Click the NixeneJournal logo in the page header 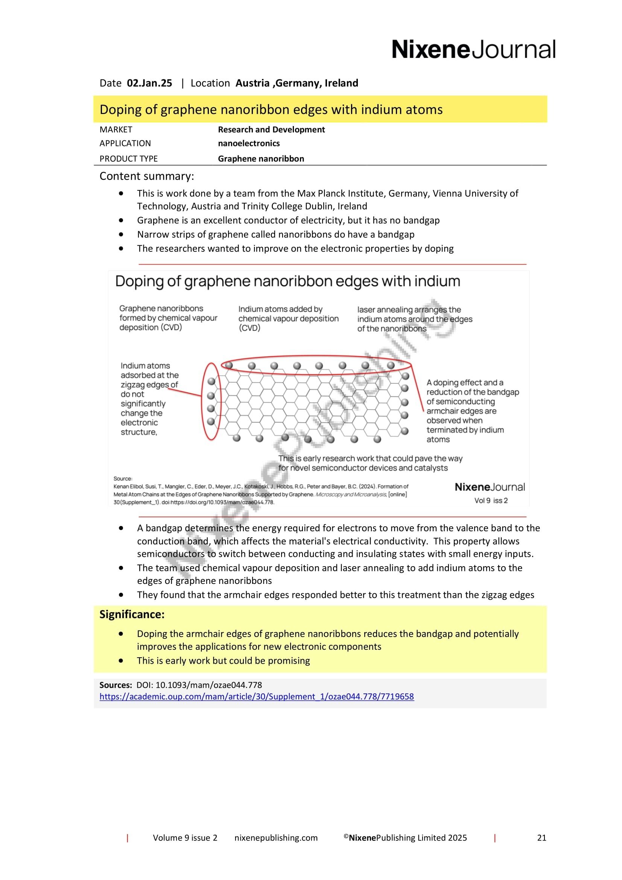[x=473, y=50]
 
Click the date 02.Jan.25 [x=149, y=83]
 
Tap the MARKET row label [x=116, y=129]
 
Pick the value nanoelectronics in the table [x=249, y=143]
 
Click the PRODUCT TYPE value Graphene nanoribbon [x=261, y=159]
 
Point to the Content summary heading [x=147, y=176]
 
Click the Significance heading [x=132, y=614]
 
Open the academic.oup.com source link [x=256, y=696]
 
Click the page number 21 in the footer [x=541, y=838]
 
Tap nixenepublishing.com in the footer [x=276, y=838]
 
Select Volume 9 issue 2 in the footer [x=185, y=838]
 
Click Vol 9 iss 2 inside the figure [x=491, y=500]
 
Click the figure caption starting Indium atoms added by [x=288, y=319]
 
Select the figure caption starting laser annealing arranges [x=415, y=319]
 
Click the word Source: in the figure [x=123, y=479]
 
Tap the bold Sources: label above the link [x=116, y=685]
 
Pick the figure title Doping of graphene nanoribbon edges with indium [x=287, y=282]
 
